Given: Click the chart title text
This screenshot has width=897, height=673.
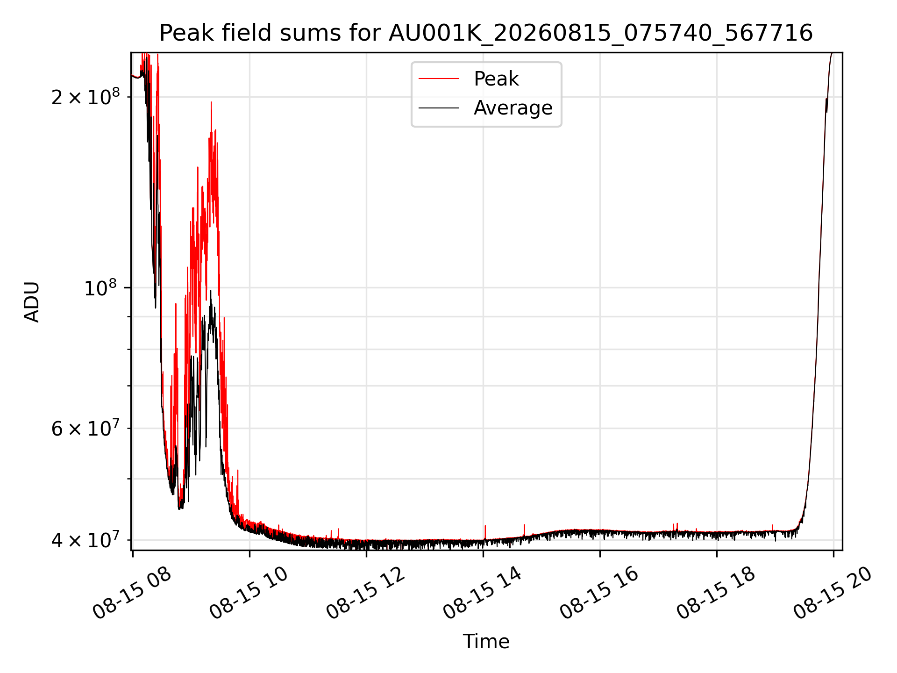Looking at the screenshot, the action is click(x=486, y=33).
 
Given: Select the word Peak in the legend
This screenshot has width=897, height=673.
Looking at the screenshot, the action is click(x=496, y=79).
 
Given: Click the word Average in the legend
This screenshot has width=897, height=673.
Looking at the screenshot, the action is click(x=513, y=108).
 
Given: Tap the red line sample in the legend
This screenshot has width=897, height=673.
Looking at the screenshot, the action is click(x=439, y=79).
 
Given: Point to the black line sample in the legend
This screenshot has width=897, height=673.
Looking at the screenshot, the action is click(x=439, y=108).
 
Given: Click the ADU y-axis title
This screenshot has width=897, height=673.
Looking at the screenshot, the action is click(x=32, y=301).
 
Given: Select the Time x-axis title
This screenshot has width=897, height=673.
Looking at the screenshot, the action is click(x=486, y=641).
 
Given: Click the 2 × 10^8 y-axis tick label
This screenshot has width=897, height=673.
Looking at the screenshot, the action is click(x=85, y=97).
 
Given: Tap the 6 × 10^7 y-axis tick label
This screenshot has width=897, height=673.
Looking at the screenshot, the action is click(x=85, y=428).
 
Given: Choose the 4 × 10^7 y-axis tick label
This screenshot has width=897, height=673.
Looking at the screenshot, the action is click(x=85, y=540).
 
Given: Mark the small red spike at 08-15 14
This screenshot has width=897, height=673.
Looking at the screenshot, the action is click(x=485, y=532).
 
